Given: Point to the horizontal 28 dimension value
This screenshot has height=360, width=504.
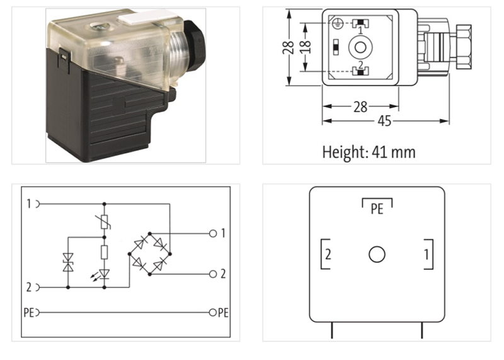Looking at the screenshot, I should (x=360, y=107).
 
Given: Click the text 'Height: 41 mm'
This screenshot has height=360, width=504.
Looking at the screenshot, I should (x=369, y=152).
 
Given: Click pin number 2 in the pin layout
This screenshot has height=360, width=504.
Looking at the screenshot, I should (x=328, y=255).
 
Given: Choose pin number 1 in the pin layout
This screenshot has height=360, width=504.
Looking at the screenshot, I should (x=427, y=255).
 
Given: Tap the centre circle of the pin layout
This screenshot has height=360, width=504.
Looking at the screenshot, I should (x=377, y=255).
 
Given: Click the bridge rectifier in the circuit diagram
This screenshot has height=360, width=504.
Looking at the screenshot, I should (x=150, y=253).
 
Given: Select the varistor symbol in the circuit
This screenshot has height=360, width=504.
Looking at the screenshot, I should (x=105, y=221).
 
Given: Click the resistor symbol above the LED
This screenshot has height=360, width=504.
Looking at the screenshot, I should (x=105, y=253).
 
